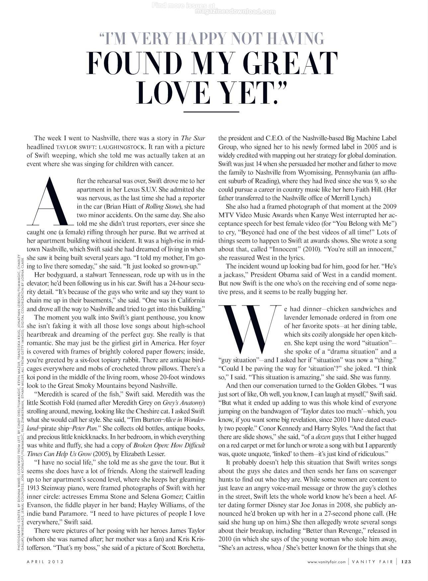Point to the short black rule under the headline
tap(211, 112)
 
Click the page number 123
tap(406, 561)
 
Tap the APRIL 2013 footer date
tap(45, 561)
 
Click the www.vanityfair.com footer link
tap(326, 561)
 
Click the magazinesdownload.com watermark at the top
tap(235, 12)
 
